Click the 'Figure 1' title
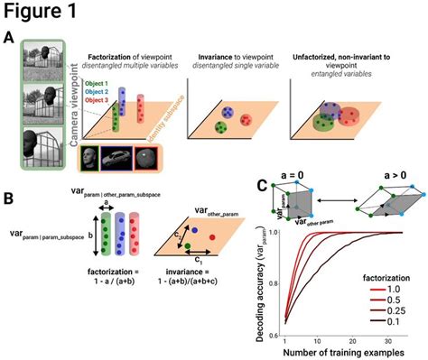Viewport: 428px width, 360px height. point(44,12)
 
